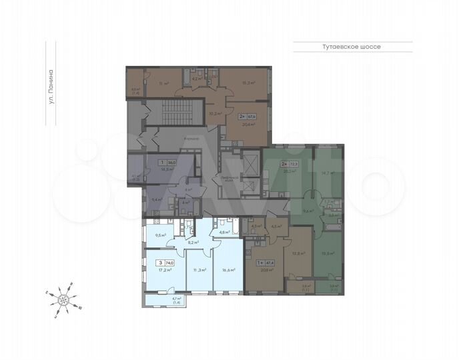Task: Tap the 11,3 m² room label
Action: tap(199, 270)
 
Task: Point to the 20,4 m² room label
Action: tap(249, 124)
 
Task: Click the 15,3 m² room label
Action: tap(250, 83)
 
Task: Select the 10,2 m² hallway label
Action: tap(214, 113)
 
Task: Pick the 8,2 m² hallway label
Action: tap(193, 243)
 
